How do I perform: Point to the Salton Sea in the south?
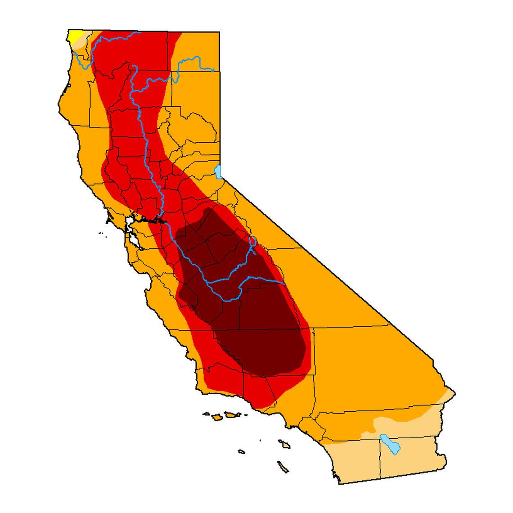pyautogui.click(x=390, y=443)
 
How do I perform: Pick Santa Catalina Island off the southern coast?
pyautogui.click(x=284, y=444)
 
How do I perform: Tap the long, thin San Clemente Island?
pyautogui.click(x=283, y=467)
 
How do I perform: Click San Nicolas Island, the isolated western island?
pyautogui.click(x=242, y=451)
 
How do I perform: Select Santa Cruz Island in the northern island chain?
pyautogui.click(x=231, y=414)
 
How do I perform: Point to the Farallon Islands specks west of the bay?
pyautogui.click(x=102, y=233)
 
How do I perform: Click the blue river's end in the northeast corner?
pyautogui.click(x=213, y=70)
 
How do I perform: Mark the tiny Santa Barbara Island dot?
pyautogui.click(x=261, y=441)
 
